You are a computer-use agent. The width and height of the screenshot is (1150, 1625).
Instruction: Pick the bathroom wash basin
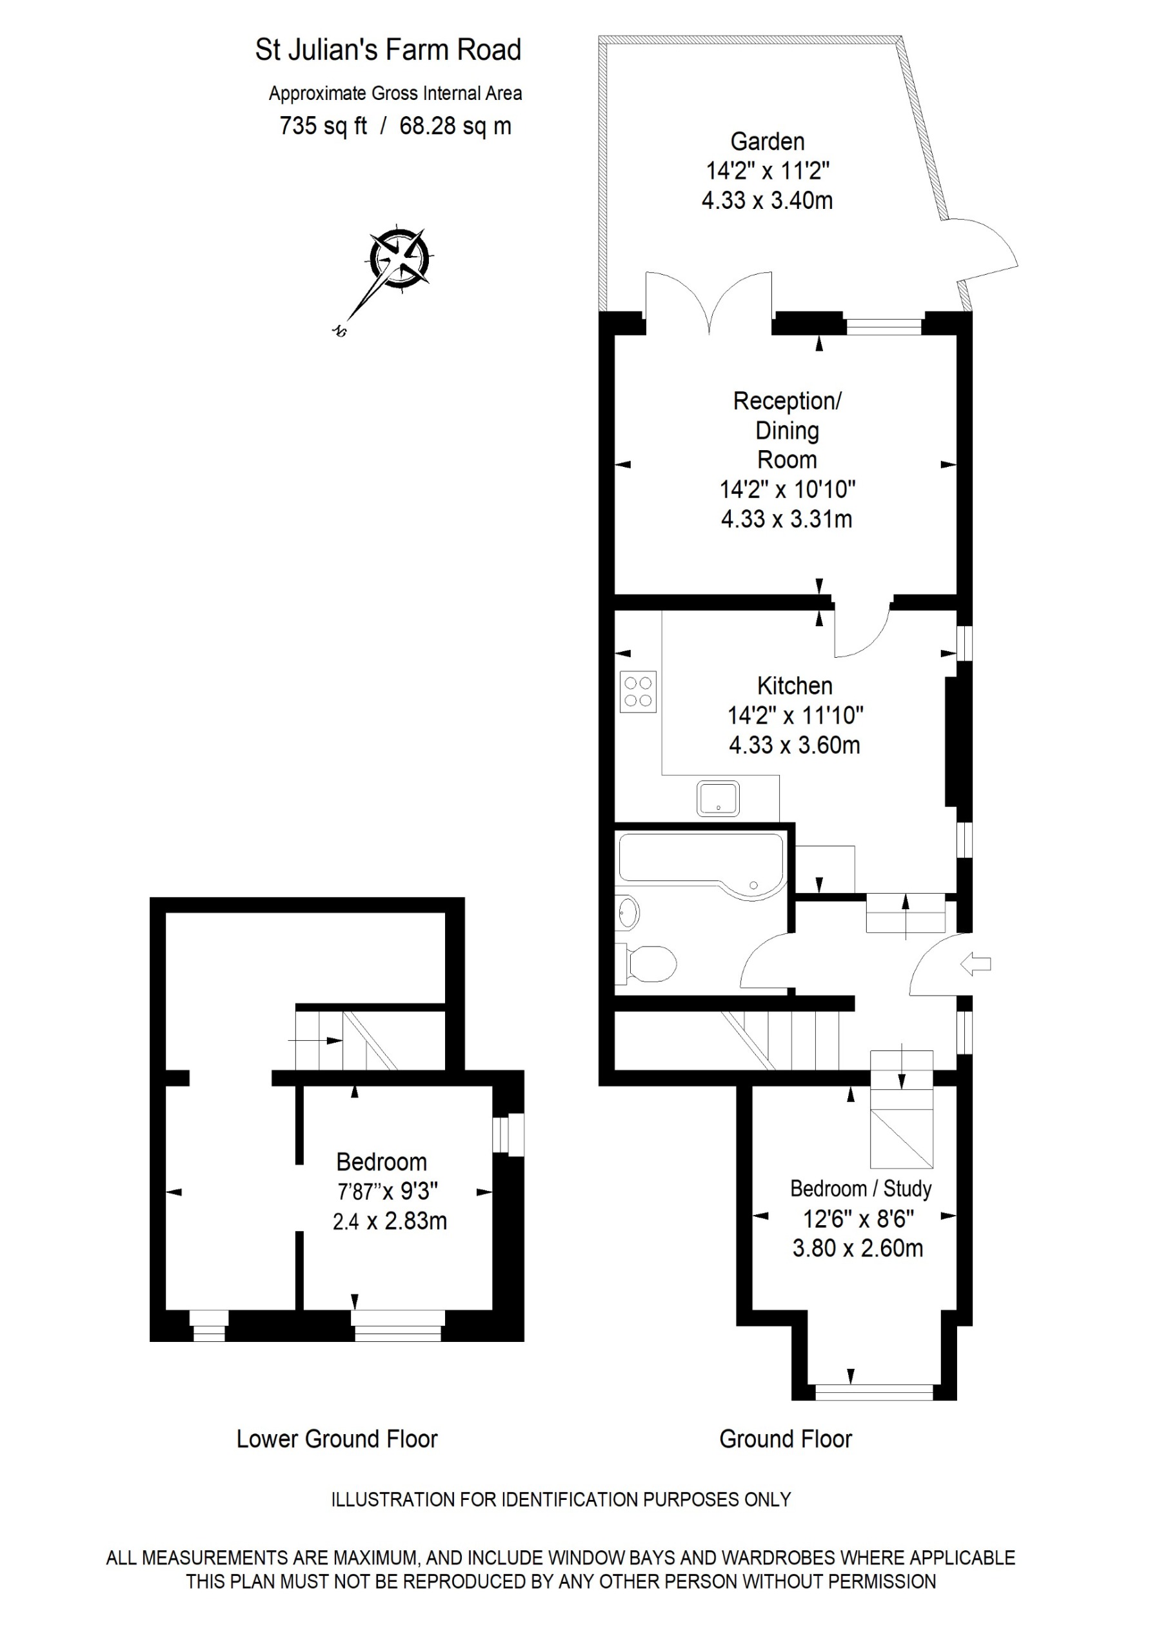pyautogui.click(x=627, y=912)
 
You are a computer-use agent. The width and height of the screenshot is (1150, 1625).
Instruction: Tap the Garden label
pyautogui.click(x=767, y=142)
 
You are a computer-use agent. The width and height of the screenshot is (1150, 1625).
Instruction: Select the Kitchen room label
pyautogui.click(x=795, y=685)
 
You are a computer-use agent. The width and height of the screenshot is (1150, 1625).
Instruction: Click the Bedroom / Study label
pyautogui.click(x=860, y=1189)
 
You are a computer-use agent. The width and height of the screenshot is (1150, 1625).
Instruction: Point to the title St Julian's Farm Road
pyautogui.click(x=388, y=50)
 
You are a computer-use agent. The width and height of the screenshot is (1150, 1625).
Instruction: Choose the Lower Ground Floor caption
pyautogui.click(x=337, y=1439)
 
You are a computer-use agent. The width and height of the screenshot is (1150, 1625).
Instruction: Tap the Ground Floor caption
pyautogui.click(x=786, y=1439)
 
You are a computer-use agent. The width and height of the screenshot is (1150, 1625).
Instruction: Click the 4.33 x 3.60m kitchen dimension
pyautogui.click(x=795, y=745)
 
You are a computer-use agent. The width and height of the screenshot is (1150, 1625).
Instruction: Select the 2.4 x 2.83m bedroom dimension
pyautogui.click(x=390, y=1221)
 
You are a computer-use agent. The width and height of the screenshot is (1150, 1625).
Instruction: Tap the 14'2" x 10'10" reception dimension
pyautogui.click(x=788, y=489)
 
